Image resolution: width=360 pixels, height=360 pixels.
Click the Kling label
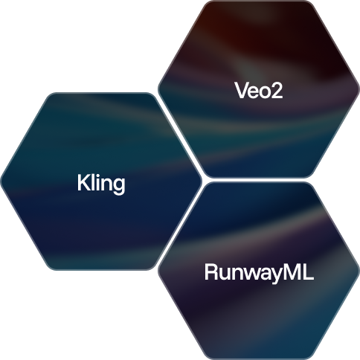point(101,184)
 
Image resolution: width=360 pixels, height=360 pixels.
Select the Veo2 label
point(259,91)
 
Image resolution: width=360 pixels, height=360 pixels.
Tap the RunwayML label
point(259,273)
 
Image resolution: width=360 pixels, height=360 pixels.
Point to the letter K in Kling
point(83,182)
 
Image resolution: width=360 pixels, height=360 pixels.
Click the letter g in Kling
point(119,187)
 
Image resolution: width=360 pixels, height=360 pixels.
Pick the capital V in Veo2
point(242,91)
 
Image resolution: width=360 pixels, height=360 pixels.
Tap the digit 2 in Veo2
point(277,90)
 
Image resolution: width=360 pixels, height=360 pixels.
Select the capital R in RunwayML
point(211,272)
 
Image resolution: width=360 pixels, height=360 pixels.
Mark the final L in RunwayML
point(308,272)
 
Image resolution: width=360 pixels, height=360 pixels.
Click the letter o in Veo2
point(265,93)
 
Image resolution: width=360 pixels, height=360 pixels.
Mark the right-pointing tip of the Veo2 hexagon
point(359,89)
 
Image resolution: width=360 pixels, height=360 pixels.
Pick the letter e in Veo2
point(253,93)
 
